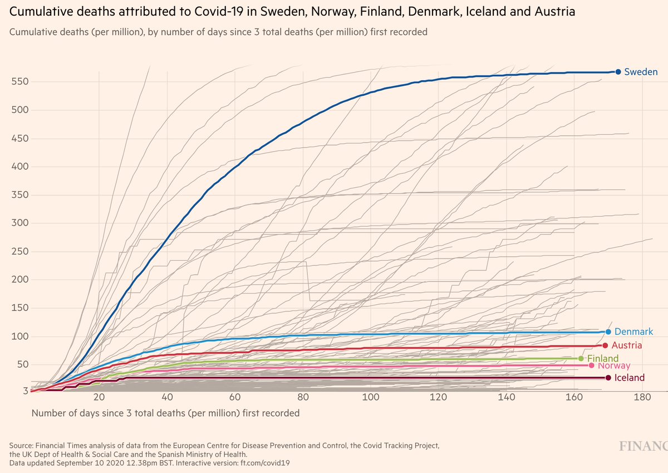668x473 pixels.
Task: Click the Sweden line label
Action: (641, 72)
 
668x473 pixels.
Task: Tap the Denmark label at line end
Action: (633, 331)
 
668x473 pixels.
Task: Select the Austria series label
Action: (628, 345)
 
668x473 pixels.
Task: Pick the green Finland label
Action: (603, 358)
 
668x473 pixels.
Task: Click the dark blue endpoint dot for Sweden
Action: (618, 72)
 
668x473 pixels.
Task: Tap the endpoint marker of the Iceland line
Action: (608, 378)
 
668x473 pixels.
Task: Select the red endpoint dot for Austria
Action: (605, 345)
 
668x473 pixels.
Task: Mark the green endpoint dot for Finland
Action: (581, 358)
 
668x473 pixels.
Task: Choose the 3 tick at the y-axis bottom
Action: (25, 391)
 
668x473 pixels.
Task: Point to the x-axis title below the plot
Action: (165, 413)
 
